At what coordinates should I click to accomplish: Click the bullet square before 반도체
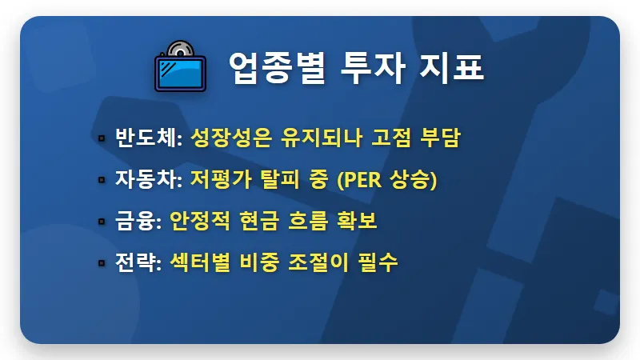[x=102, y=138]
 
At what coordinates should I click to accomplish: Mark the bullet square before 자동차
[x=102, y=180]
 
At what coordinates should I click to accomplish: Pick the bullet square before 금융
[x=102, y=222]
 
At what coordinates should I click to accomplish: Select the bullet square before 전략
[x=102, y=263]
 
